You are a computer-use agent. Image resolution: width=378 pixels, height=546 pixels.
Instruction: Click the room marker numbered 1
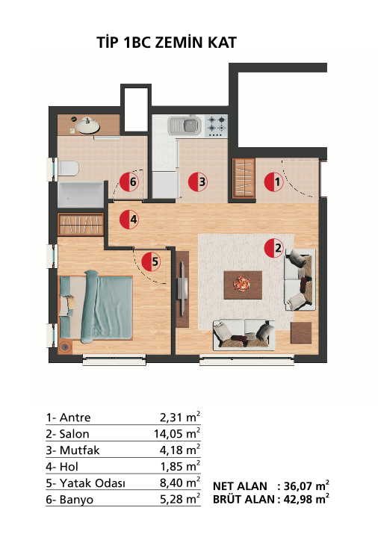pyautogui.click(x=274, y=182)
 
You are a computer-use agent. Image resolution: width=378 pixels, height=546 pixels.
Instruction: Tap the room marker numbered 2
pyautogui.click(x=274, y=248)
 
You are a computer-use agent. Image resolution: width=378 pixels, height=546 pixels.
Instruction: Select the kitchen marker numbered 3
pyautogui.click(x=198, y=182)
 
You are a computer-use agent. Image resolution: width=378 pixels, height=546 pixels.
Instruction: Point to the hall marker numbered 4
pyautogui.click(x=129, y=220)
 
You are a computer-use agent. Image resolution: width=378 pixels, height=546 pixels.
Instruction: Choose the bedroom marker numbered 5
pyautogui.click(x=151, y=261)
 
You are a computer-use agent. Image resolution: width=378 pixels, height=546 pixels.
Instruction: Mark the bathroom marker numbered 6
pyautogui.click(x=129, y=182)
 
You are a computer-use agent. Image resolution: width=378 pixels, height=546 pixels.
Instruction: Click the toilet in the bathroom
pyautogui.click(x=68, y=169)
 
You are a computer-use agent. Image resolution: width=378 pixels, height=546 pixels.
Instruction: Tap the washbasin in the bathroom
pyautogui.click(x=87, y=125)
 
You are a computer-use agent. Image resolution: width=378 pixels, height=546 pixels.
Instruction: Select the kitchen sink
pyautogui.click(x=185, y=125)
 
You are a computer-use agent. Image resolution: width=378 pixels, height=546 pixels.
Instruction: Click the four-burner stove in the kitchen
pyautogui.click(x=216, y=125)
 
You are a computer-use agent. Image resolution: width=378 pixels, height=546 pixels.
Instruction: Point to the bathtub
pyautogui.click(x=82, y=195)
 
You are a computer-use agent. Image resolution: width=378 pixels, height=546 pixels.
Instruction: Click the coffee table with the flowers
pyautogui.click(x=243, y=285)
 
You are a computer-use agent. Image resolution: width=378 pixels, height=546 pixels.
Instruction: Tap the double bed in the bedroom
pyautogui.click(x=96, y=307)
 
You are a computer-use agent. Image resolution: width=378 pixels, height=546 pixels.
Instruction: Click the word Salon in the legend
pyautogui.click(x=74, y=434)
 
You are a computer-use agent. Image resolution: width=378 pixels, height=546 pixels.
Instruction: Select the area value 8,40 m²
pyautogui.click(x=180, y=483)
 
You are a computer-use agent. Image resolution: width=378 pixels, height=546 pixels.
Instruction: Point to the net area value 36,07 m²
pyautogui.click(x=306, y=485)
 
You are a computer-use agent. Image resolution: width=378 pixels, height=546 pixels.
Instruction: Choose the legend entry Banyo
pyautogui.click(x=76, y=500)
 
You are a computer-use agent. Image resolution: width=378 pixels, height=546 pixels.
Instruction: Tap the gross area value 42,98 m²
pyautogui.click(x=306, y=499)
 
